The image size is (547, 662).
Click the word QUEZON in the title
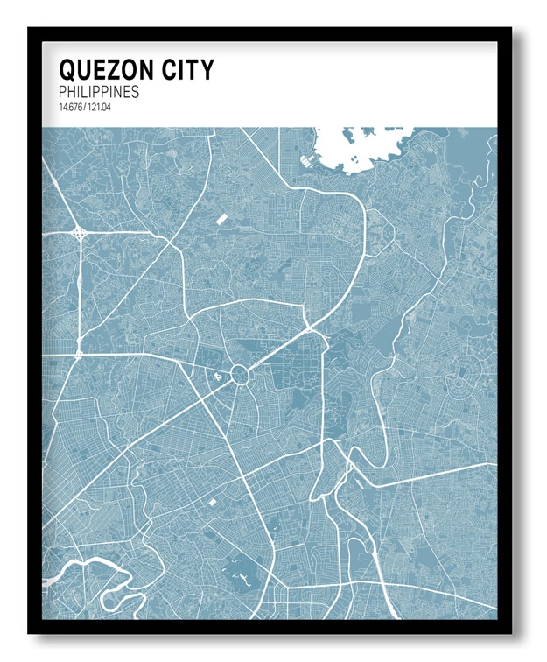coord(107,69)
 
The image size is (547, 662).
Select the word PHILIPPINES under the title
coord(99,92)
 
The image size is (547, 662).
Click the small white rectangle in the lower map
coord(212,502)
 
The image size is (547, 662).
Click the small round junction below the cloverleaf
coord(79,355)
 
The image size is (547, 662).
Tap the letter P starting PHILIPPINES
coord(63,92)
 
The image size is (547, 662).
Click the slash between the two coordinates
coord(85,108)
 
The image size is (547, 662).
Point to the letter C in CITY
coord(170,69)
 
